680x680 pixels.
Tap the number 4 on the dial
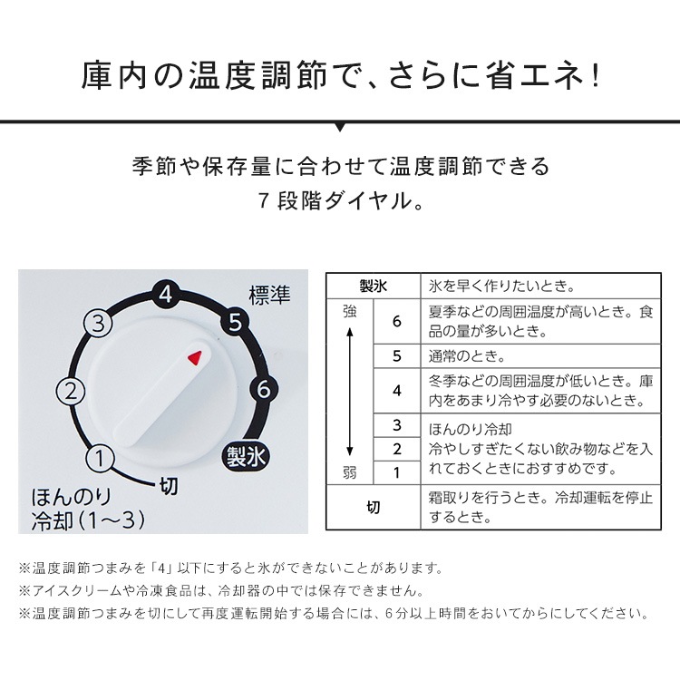click(163, 294)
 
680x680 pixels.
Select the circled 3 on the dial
click(98, 322)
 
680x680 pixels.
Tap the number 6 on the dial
click(263, 389)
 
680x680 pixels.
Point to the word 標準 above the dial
click(269, 296)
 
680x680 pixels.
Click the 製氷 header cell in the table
click(373, 287)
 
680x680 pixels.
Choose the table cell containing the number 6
click(396, 322)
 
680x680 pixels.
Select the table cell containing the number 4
click(396, 391)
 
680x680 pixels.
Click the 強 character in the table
click(350, 311)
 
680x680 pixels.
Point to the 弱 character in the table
click(350, 472)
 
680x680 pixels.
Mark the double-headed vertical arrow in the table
click(350, 392)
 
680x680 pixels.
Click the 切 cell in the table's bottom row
click(373, 508)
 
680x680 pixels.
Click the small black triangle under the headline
click(340, 126)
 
